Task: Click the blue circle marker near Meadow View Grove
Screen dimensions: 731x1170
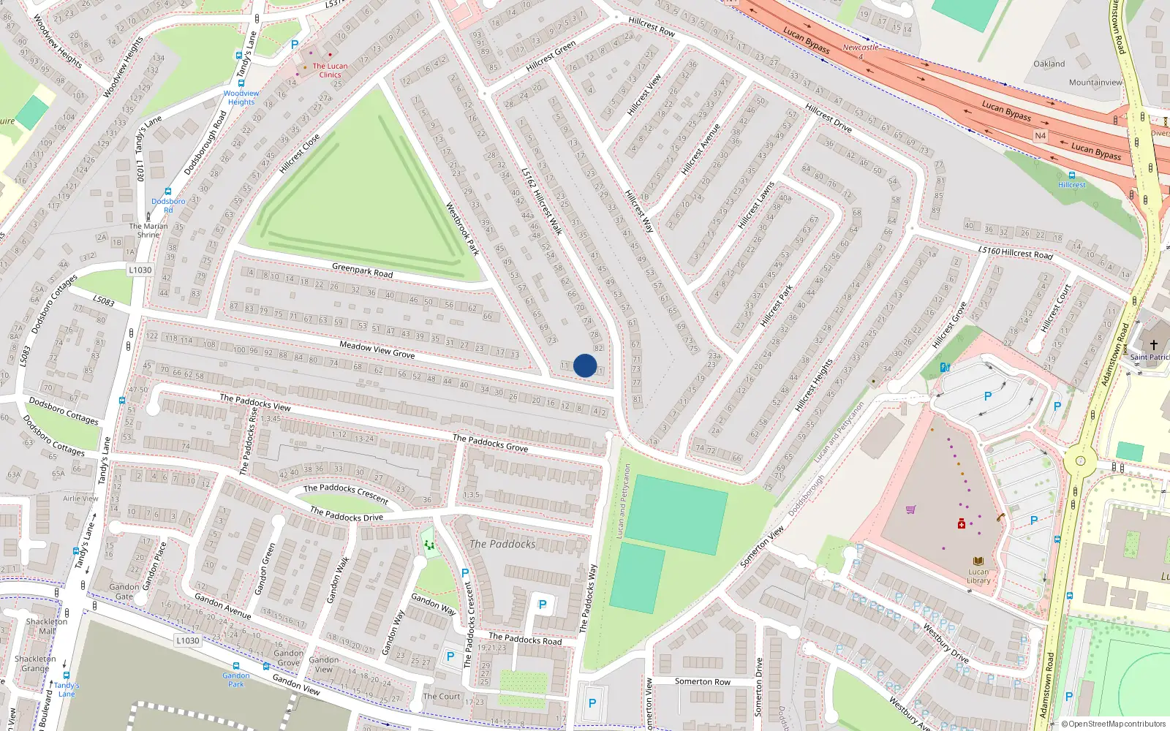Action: [x=585, y=365]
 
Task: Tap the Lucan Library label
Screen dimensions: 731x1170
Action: [x=978, y=576]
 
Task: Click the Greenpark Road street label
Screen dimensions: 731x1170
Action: [x=362, y=270]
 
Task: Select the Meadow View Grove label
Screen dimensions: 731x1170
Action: [x=377, y=349]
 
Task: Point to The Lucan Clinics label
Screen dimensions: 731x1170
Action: [x=330, y=70]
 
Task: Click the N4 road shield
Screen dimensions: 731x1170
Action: [x=1040, y=136]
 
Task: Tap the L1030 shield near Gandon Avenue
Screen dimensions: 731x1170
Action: [x=187, y=640]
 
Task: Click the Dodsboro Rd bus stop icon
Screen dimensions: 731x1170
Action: [x=168, y=192]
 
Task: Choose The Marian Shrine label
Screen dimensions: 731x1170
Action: [x=148, y=230]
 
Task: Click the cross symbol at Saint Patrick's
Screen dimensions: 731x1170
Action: [x=1154, y=344]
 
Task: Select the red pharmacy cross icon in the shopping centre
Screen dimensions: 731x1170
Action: [x=962, y=523]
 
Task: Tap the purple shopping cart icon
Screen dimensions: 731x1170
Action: [x=910, y=510]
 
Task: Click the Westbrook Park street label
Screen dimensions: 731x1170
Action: [x=462, y=229]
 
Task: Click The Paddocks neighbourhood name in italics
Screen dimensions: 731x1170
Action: [x=502, y=544]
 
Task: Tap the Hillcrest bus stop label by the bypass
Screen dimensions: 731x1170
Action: [x=1072, y=185]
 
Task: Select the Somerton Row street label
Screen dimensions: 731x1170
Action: [x=702, y=681]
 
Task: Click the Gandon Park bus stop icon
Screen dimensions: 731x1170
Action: [x=236, y=667]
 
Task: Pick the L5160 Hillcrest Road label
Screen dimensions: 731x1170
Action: [x=1015, y=252]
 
